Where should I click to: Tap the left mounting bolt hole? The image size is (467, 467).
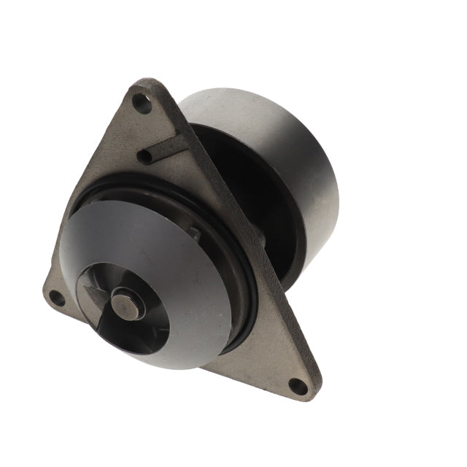(x=55, y=297)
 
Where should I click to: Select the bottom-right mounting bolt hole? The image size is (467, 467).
(x=298, y=386)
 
